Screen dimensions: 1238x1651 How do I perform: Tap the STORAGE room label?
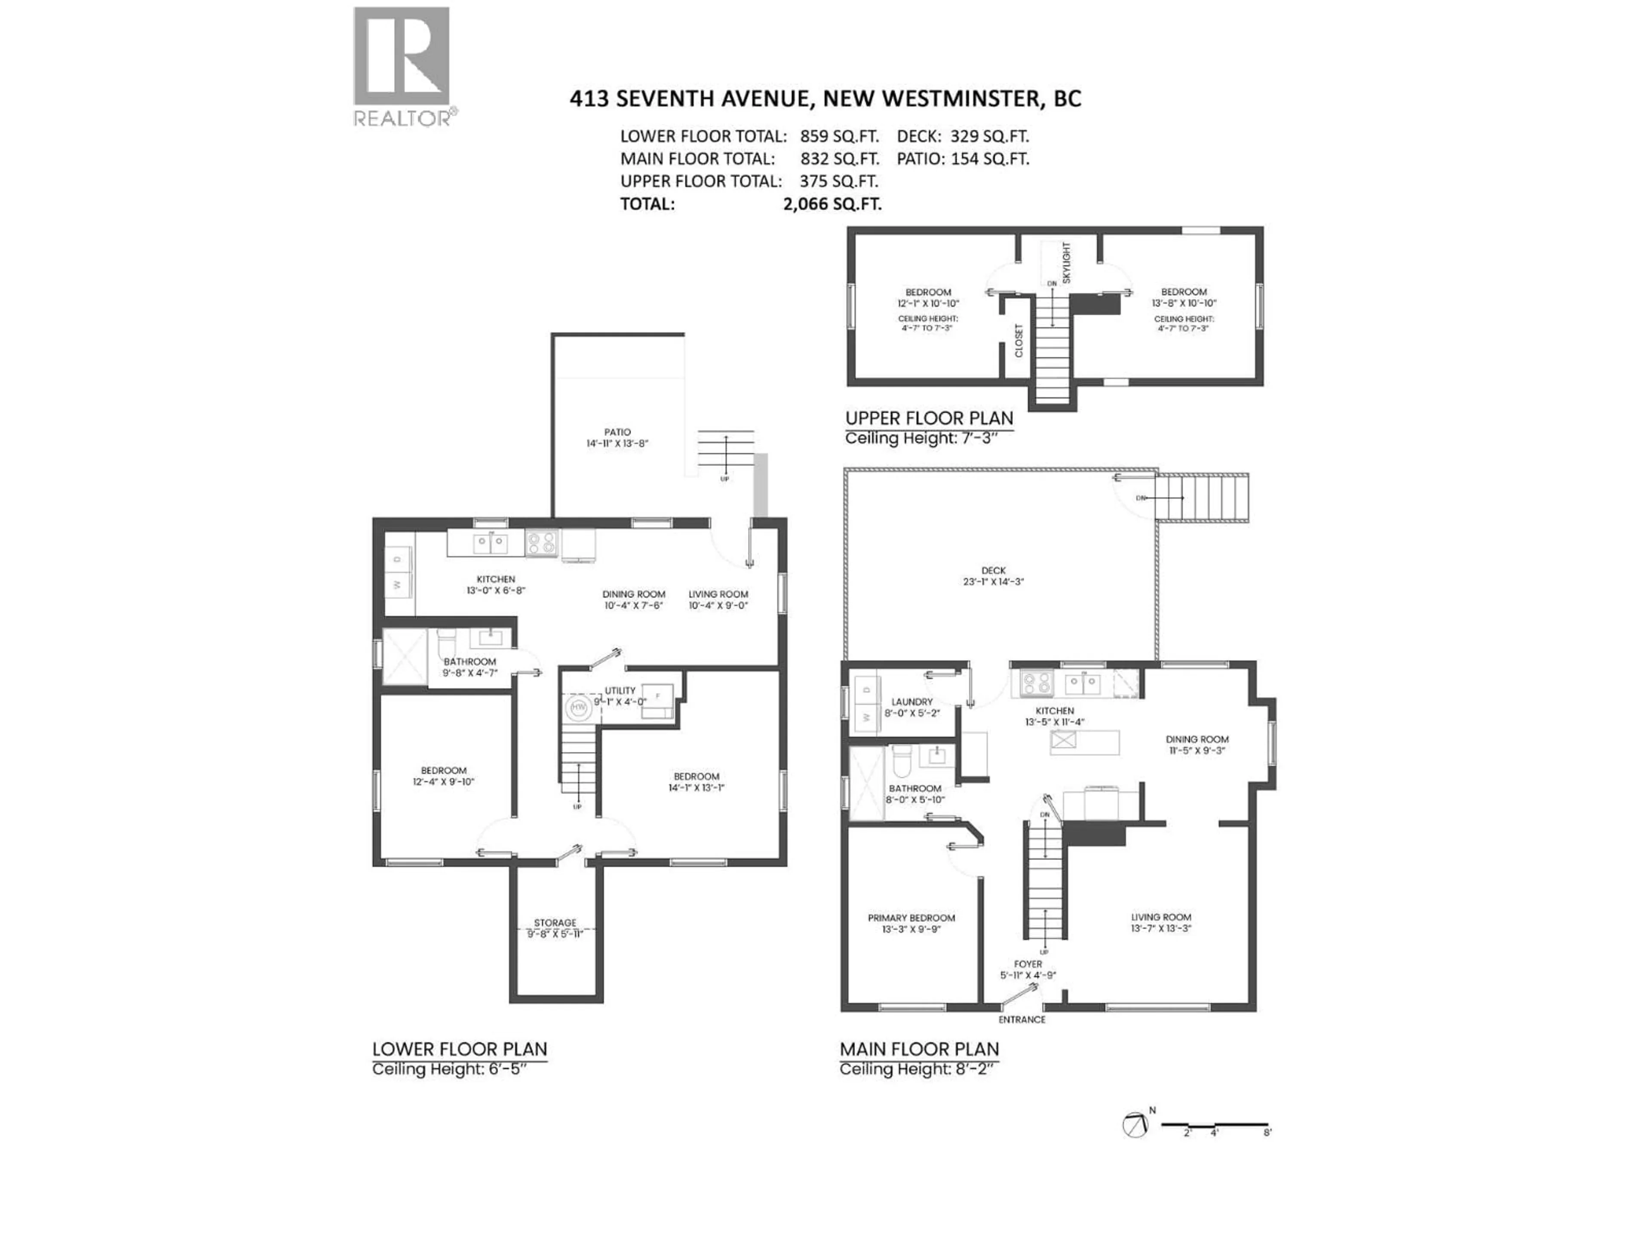click(555, 922)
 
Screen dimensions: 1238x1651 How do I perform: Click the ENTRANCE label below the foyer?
click(1022, 1019)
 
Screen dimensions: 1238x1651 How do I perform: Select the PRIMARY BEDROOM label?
click(911, 918)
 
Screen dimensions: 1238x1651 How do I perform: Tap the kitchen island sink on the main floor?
click(1063, 740)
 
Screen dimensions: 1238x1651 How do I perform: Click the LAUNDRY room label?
click(911, 702)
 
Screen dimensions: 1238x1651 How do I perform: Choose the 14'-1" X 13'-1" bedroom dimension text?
click(697, 787)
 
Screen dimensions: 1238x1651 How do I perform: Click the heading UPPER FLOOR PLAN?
click(929, 418)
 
